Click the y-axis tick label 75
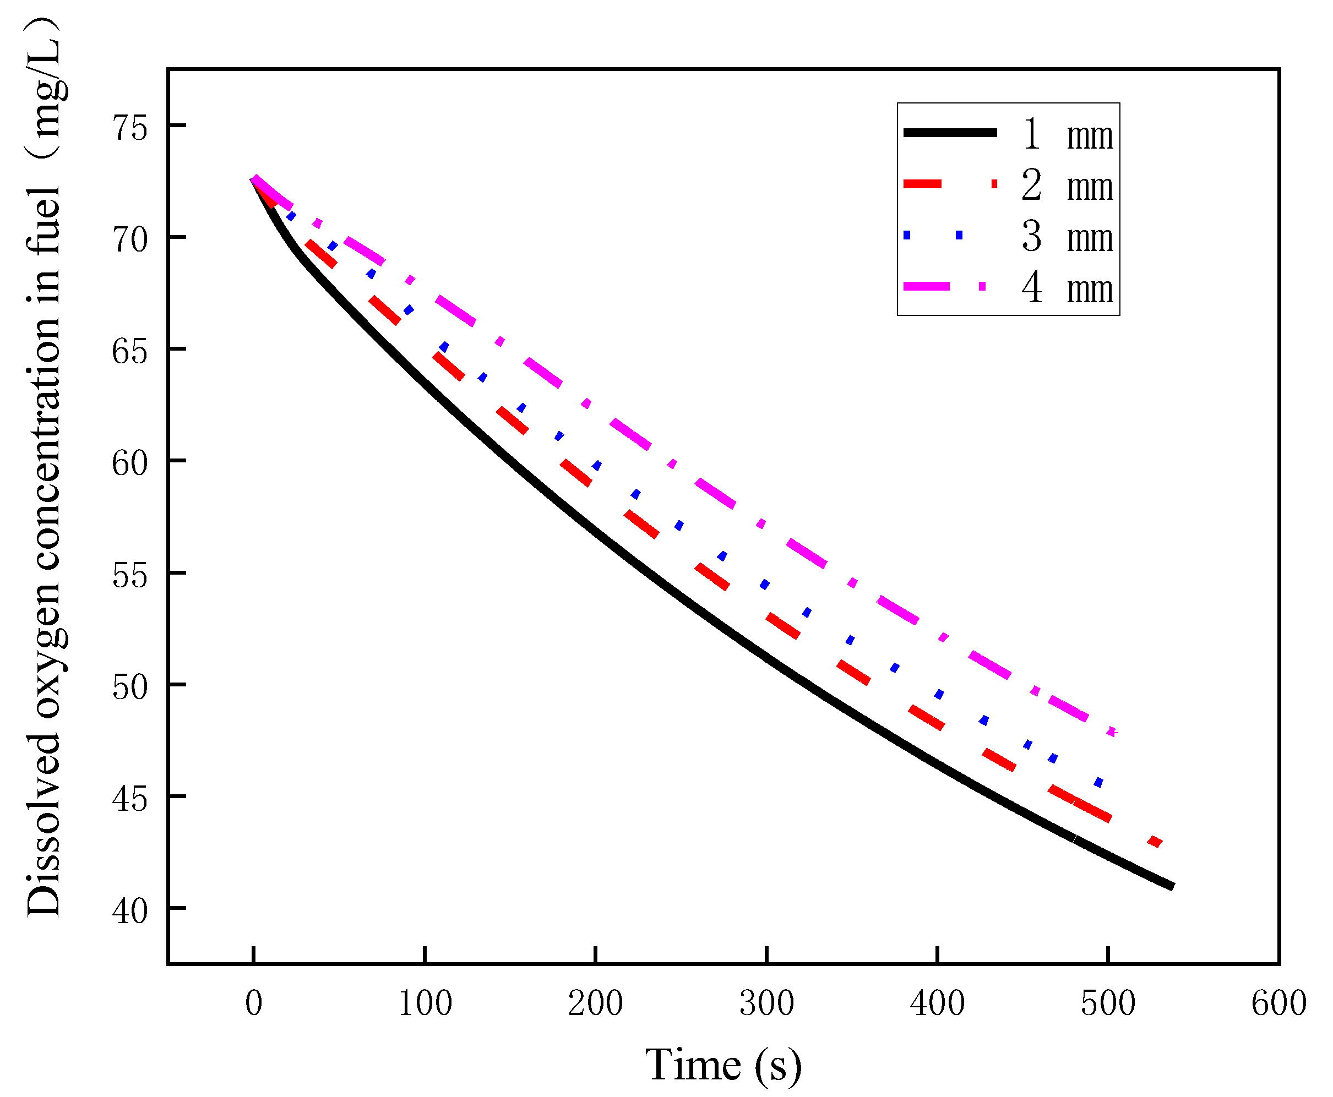(x=129, y=128)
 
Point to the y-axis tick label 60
(x=129, y=463)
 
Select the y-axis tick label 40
(x=129, y=910)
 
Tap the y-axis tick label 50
(x=129, y=687)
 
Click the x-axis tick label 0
(x=253, y=1003)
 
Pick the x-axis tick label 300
(x=766, y=1003)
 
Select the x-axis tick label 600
(x=1278, y=1003)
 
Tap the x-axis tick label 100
(x=425, y=1003)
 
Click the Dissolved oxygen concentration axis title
(x=44, y=468)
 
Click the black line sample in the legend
(x=949, y=133)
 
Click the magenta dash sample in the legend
(x=927, y=286)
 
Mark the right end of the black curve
(x=1171, y=887)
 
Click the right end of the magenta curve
(x=1113, y=732)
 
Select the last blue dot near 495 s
(x=1098, y=783)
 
